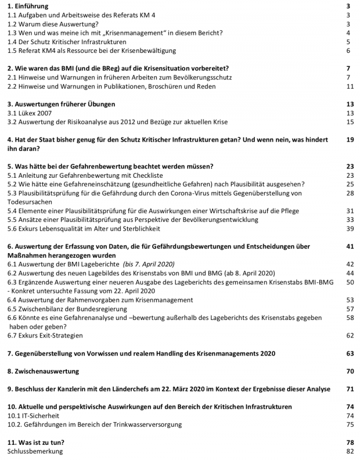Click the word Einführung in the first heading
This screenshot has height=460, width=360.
[x=32, y=6]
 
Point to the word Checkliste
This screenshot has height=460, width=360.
[x=144, y=175]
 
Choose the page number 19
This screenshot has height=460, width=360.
[x=350, y=139]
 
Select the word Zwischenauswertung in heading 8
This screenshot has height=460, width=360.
[x=47, y=371]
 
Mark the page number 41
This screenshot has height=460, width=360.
[x=350, y=246]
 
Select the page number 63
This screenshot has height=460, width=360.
[x=350, y=353]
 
